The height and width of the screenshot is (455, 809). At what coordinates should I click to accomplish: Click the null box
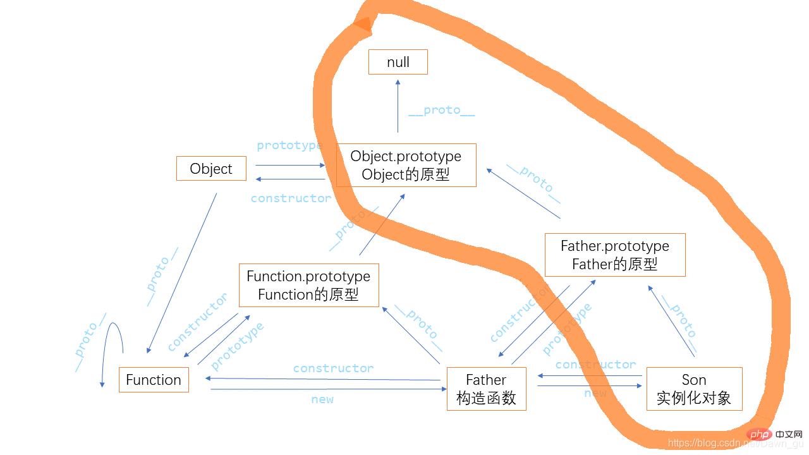click(x=398, y=62)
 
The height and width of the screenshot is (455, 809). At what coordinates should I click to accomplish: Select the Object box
click(x=211, y=169)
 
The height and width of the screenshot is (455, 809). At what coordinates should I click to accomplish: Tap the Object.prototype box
click(x=406, y=165)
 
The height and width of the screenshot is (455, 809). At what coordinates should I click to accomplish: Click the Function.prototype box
click(x=308, y=285)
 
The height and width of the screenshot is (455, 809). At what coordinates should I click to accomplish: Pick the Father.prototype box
click(x=614, y=255)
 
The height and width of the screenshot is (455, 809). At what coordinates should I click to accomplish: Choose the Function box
click(x=154, y=380)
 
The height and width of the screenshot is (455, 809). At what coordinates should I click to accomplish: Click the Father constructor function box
click(x=486, y=389)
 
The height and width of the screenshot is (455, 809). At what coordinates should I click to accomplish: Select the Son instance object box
click(x=694, y=389)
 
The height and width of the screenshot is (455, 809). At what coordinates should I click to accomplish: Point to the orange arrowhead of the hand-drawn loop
click(x=363, y=24)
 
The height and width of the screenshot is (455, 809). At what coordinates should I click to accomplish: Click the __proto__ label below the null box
click(x=441, y=111)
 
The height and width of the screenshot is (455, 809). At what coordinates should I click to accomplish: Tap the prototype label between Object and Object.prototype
click(x=289, y=145)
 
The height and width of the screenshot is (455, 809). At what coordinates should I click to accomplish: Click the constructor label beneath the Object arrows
click(x=291, y=198)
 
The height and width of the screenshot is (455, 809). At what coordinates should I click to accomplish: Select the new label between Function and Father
click(x=322, y=399)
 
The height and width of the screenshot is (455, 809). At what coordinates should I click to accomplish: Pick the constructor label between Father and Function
click(x=333, y=368)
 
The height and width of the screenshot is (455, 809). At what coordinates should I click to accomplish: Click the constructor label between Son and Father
click(x=595, y=364)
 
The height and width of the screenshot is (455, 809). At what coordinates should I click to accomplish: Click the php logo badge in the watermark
click(x=759, y=434)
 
